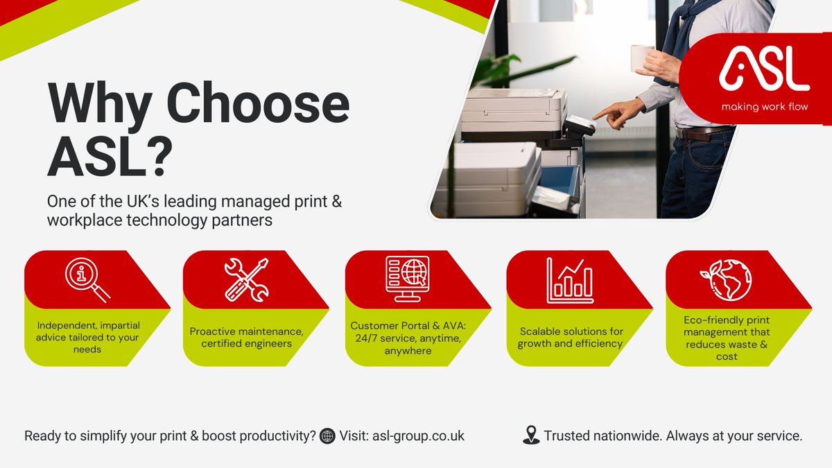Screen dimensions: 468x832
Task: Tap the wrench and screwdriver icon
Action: (x=246, y=279)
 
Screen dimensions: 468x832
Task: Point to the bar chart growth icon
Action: (x=570, y=279)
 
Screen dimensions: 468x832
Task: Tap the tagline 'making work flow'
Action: (x=764, y=107)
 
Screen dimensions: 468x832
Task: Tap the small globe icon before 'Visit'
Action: (x=328, y=437)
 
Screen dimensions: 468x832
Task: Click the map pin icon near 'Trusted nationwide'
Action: (x=531, y=435)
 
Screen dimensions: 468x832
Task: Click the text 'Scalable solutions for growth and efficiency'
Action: (x=571, y=338)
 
